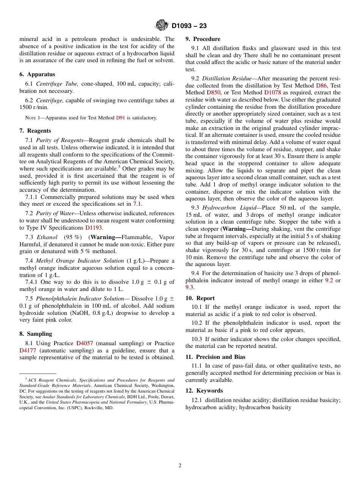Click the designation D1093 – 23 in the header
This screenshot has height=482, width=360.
189,26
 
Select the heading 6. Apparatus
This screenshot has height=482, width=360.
37,74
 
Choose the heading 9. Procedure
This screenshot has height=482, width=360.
203,39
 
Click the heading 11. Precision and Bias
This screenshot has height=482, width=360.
215,357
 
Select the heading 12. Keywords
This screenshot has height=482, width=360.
204,391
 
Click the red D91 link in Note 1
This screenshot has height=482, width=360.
120,118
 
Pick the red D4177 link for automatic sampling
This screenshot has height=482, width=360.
28,351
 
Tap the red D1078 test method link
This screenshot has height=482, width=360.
272,92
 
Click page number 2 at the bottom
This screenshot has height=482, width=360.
180,466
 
